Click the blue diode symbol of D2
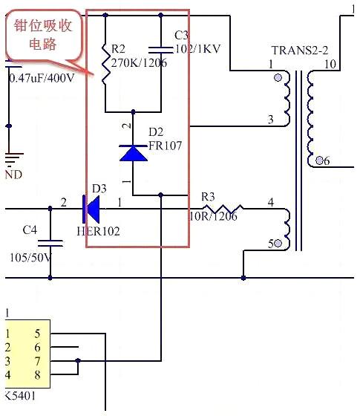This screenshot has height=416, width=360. click(x=134, y=152)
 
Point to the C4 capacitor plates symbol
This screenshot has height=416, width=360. click(x=50, y=243)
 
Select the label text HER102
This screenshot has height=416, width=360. click(x=98, y=231)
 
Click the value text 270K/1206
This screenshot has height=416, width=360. click(x=140, y=63)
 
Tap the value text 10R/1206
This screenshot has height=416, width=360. click(x=213, y=217)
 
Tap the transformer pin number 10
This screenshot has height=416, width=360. click(x=329, y=65)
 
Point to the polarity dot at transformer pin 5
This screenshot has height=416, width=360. click(x=280, y=243)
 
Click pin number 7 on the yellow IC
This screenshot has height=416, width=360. click(x=36, y=360)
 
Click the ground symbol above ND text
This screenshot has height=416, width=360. click(x=10, y=160)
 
